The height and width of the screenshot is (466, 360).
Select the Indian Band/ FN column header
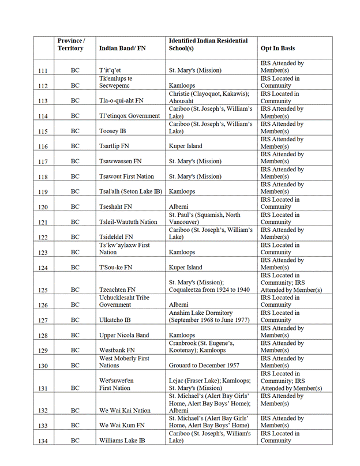pos(122,48)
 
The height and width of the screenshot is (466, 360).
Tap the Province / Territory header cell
pos(71,44)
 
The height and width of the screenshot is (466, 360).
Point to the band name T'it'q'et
pos(110,71)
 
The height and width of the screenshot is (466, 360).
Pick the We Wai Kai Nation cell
pos(125,411)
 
